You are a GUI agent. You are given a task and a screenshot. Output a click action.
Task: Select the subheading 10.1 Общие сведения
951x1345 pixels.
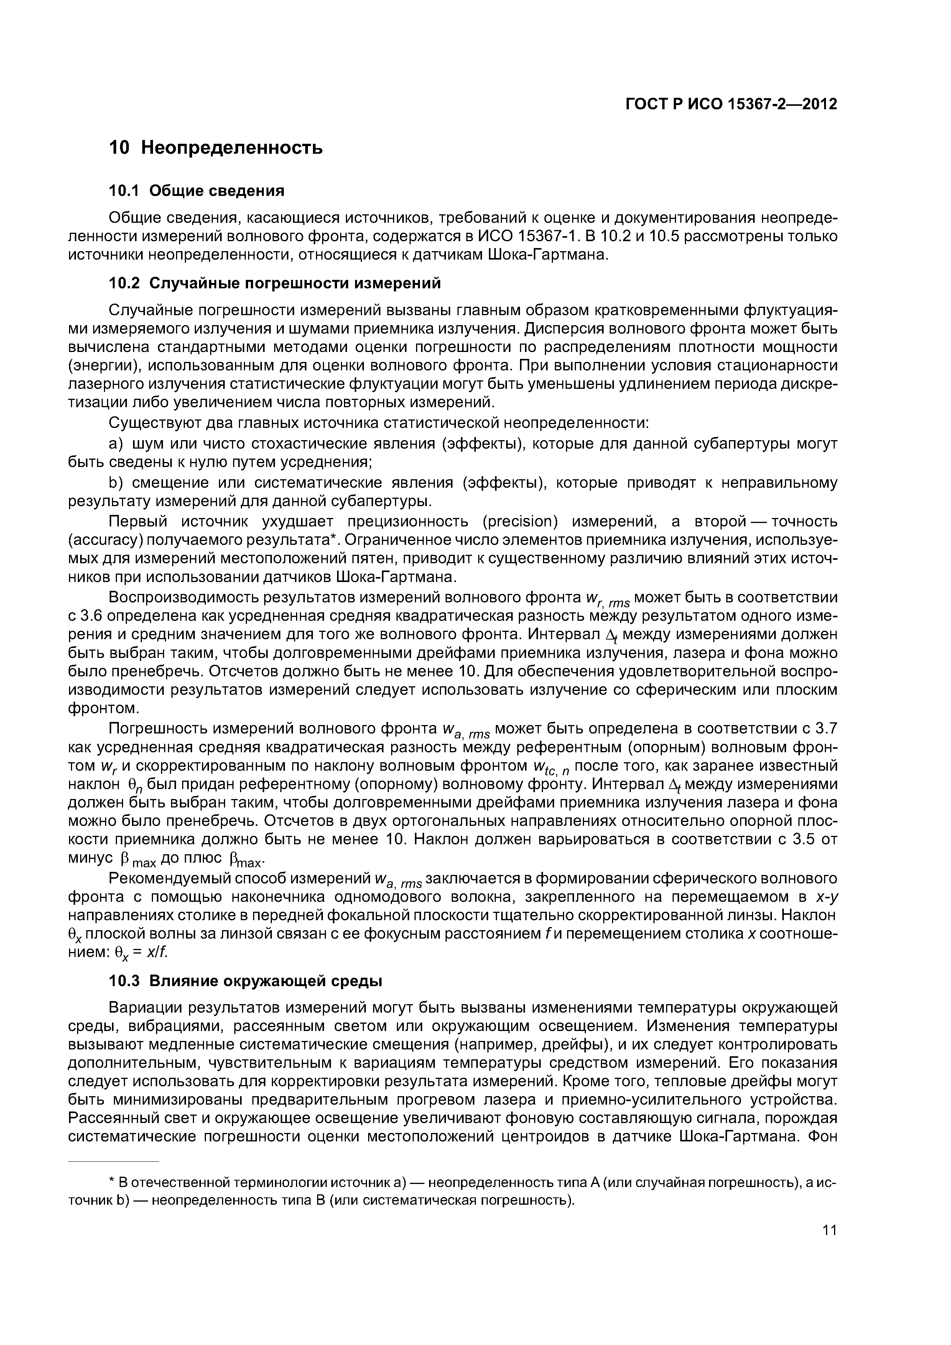197,191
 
